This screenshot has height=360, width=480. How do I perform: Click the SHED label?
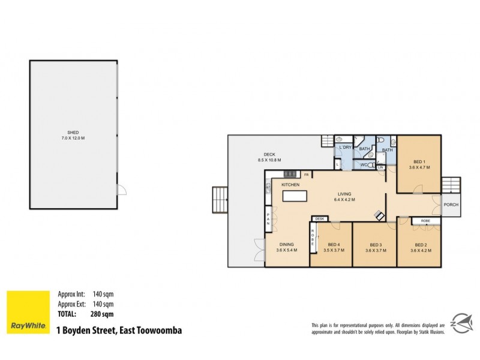pos(73,133)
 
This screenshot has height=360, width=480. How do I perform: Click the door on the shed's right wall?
pos(122,190)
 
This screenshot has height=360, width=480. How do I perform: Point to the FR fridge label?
pos(306,175)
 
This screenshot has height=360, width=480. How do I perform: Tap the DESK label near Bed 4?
pos(319,219)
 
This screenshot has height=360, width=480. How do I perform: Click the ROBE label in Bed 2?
pos(425,221)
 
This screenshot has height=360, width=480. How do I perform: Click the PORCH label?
pos(451,205)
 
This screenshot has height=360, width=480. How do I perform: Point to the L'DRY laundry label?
pos(345,148)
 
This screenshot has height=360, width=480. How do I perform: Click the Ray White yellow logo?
pos(28,312)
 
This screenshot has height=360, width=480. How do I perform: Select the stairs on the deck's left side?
pos(220,200)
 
